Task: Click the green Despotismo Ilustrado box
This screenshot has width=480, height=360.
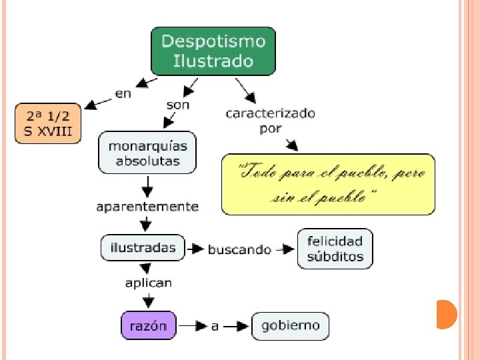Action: [213, 51]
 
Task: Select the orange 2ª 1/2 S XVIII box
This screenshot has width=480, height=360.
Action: [48, 123]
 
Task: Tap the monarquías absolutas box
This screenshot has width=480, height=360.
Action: [147, 153]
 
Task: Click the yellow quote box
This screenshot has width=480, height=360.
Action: [328, 184]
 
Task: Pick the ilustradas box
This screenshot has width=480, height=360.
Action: [143, 247]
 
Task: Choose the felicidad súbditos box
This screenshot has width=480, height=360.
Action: [335, 249]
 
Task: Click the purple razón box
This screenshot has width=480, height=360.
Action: [149, 326]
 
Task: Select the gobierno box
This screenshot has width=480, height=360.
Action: [290, 326]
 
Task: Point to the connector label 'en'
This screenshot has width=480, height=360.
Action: [123, 94]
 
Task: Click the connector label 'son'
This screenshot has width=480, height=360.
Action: [177, 105]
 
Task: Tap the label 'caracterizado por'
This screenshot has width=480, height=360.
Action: [271, 121]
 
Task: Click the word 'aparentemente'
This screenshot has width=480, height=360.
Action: [147, 207]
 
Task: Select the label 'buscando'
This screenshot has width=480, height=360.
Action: [239, 249]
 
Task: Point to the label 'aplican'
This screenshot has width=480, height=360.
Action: [148, 283]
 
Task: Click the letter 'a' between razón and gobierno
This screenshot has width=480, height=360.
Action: [215, 327]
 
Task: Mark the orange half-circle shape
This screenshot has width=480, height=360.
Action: [447, 314]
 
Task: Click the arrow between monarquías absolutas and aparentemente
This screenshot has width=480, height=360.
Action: [148, 186]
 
